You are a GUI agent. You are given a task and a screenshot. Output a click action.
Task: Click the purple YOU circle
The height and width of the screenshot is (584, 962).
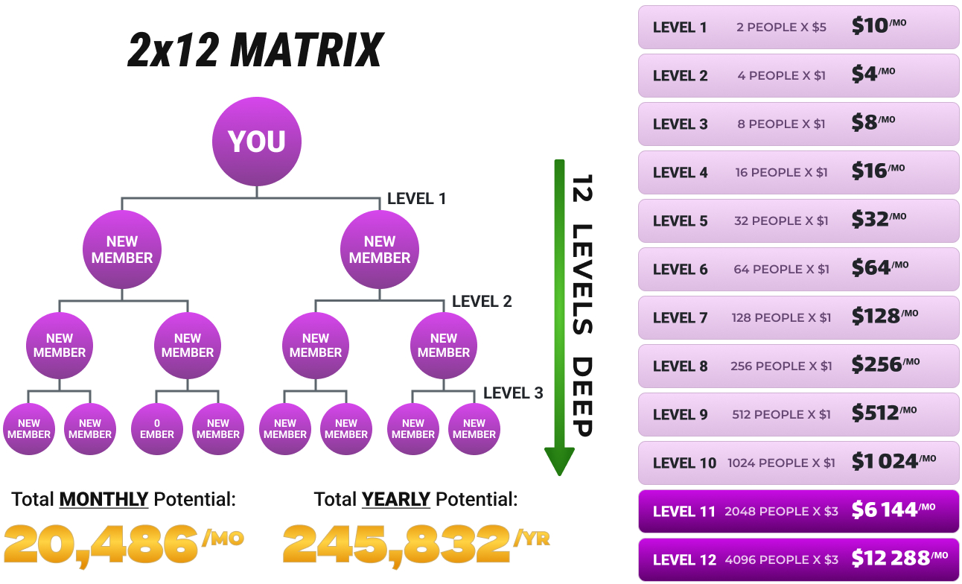pos(257,142)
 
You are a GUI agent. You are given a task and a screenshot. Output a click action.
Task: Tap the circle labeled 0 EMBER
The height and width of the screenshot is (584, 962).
pos(157,428)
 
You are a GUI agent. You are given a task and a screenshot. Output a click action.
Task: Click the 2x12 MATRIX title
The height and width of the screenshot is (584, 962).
pos(255,51)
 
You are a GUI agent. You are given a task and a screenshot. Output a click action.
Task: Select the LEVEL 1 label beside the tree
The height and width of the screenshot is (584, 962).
pos(416,199)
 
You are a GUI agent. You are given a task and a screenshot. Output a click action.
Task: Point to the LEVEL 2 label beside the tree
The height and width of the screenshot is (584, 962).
pos(482,302)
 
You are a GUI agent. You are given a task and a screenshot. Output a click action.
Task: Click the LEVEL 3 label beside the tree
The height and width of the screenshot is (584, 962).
pos(513,393)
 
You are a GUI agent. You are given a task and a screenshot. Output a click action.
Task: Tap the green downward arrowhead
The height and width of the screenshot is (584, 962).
pos(559,461)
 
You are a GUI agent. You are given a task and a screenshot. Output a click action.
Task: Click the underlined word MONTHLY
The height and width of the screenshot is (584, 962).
pos(103,499)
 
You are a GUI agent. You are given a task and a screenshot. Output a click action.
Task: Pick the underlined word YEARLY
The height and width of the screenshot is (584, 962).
pos(395,499)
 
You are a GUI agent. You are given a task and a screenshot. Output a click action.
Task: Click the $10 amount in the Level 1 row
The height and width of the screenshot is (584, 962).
pos(870,27)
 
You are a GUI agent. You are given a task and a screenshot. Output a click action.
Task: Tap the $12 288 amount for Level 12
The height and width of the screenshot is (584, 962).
pos(891,559)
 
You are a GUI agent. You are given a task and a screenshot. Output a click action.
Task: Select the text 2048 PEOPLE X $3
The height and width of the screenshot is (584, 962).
pos(781,511)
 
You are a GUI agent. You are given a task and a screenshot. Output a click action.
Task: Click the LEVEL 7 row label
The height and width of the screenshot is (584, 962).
pos(680,318)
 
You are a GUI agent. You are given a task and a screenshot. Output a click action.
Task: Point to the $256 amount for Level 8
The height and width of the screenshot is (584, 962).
pos(876,366)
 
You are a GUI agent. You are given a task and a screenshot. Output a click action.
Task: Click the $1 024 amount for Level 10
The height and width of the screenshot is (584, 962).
pos(885,462)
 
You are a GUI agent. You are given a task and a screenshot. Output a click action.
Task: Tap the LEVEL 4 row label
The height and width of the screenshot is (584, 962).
pos(680,173)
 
